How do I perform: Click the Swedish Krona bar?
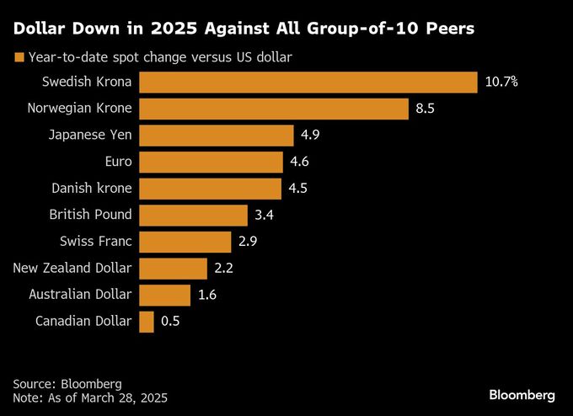pos(308,82)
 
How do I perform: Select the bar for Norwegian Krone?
pos(274,109)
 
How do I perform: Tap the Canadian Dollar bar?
pos(147,321)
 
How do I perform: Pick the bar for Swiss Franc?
pos(185,242)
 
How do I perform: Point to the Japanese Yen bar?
pos(216,136)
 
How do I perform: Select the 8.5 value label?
pos(426,109)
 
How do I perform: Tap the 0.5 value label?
pos(170,321)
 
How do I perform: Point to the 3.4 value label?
pos(264,215)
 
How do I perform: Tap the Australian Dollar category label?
pos(80,294)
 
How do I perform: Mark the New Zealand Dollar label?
pos(72,268)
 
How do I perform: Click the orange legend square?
pos(19,58)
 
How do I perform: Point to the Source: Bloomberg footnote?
pos(67,382)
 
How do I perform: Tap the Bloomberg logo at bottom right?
pos(522,394)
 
